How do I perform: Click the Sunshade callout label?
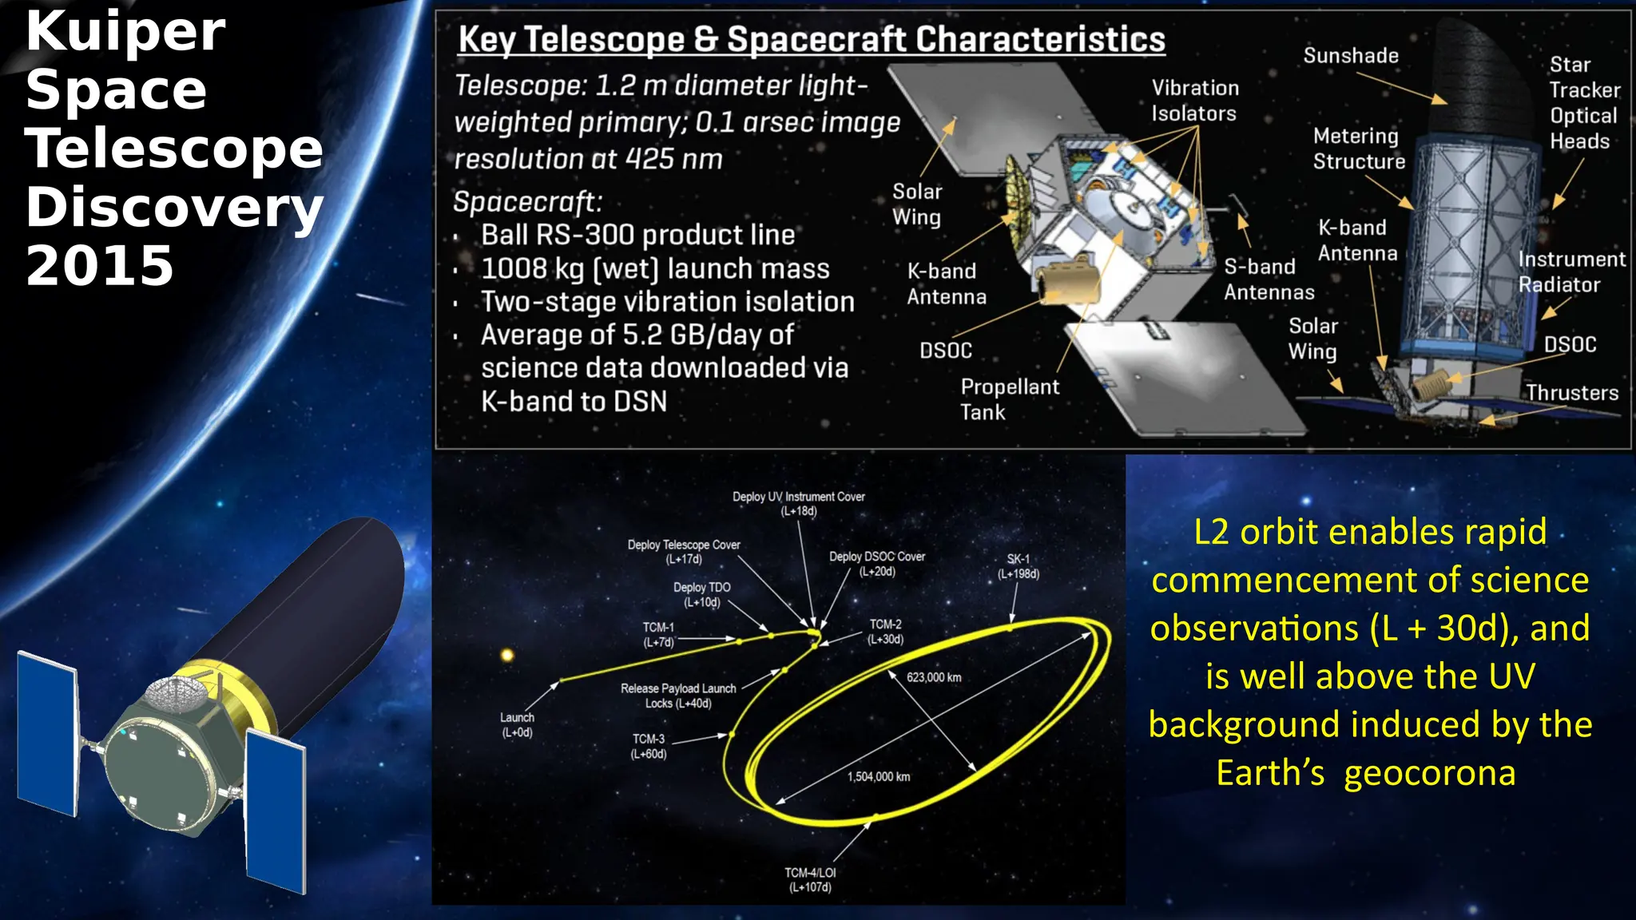click(1351, 56)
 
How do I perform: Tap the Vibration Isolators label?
click(1194, 101)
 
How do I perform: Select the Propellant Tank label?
click(1009, 399)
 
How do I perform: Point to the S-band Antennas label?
click(1269, 280)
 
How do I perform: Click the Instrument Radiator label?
click(1570, 272)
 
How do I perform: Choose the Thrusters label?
click(1571, 393)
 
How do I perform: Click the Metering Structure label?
click(1358, 149)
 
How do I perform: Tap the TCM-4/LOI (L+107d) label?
click(810, 880)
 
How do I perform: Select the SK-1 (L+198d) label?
click(1018, 566)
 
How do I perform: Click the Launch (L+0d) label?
click(517, 725)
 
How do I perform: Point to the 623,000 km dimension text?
click(934, 677)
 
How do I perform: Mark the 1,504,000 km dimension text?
click(879, 776)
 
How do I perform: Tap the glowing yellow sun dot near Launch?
click(506, 656)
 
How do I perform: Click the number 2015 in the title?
click(100, 266)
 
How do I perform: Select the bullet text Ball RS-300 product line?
click(637, 235)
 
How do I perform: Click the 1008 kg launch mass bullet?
click(654, 268)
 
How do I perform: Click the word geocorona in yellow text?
click(1429, 773)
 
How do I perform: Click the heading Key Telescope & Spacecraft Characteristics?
click(811, 39)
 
